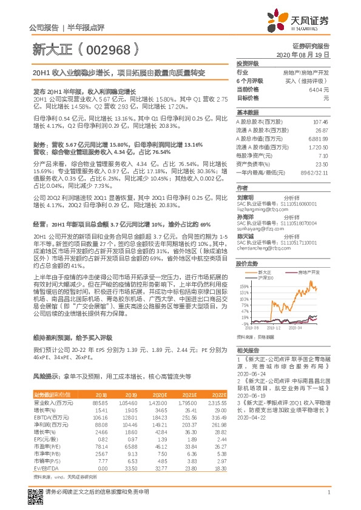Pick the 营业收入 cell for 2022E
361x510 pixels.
point(217,402)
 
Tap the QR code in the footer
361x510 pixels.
point(35,498)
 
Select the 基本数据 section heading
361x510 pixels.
point(247,113)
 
